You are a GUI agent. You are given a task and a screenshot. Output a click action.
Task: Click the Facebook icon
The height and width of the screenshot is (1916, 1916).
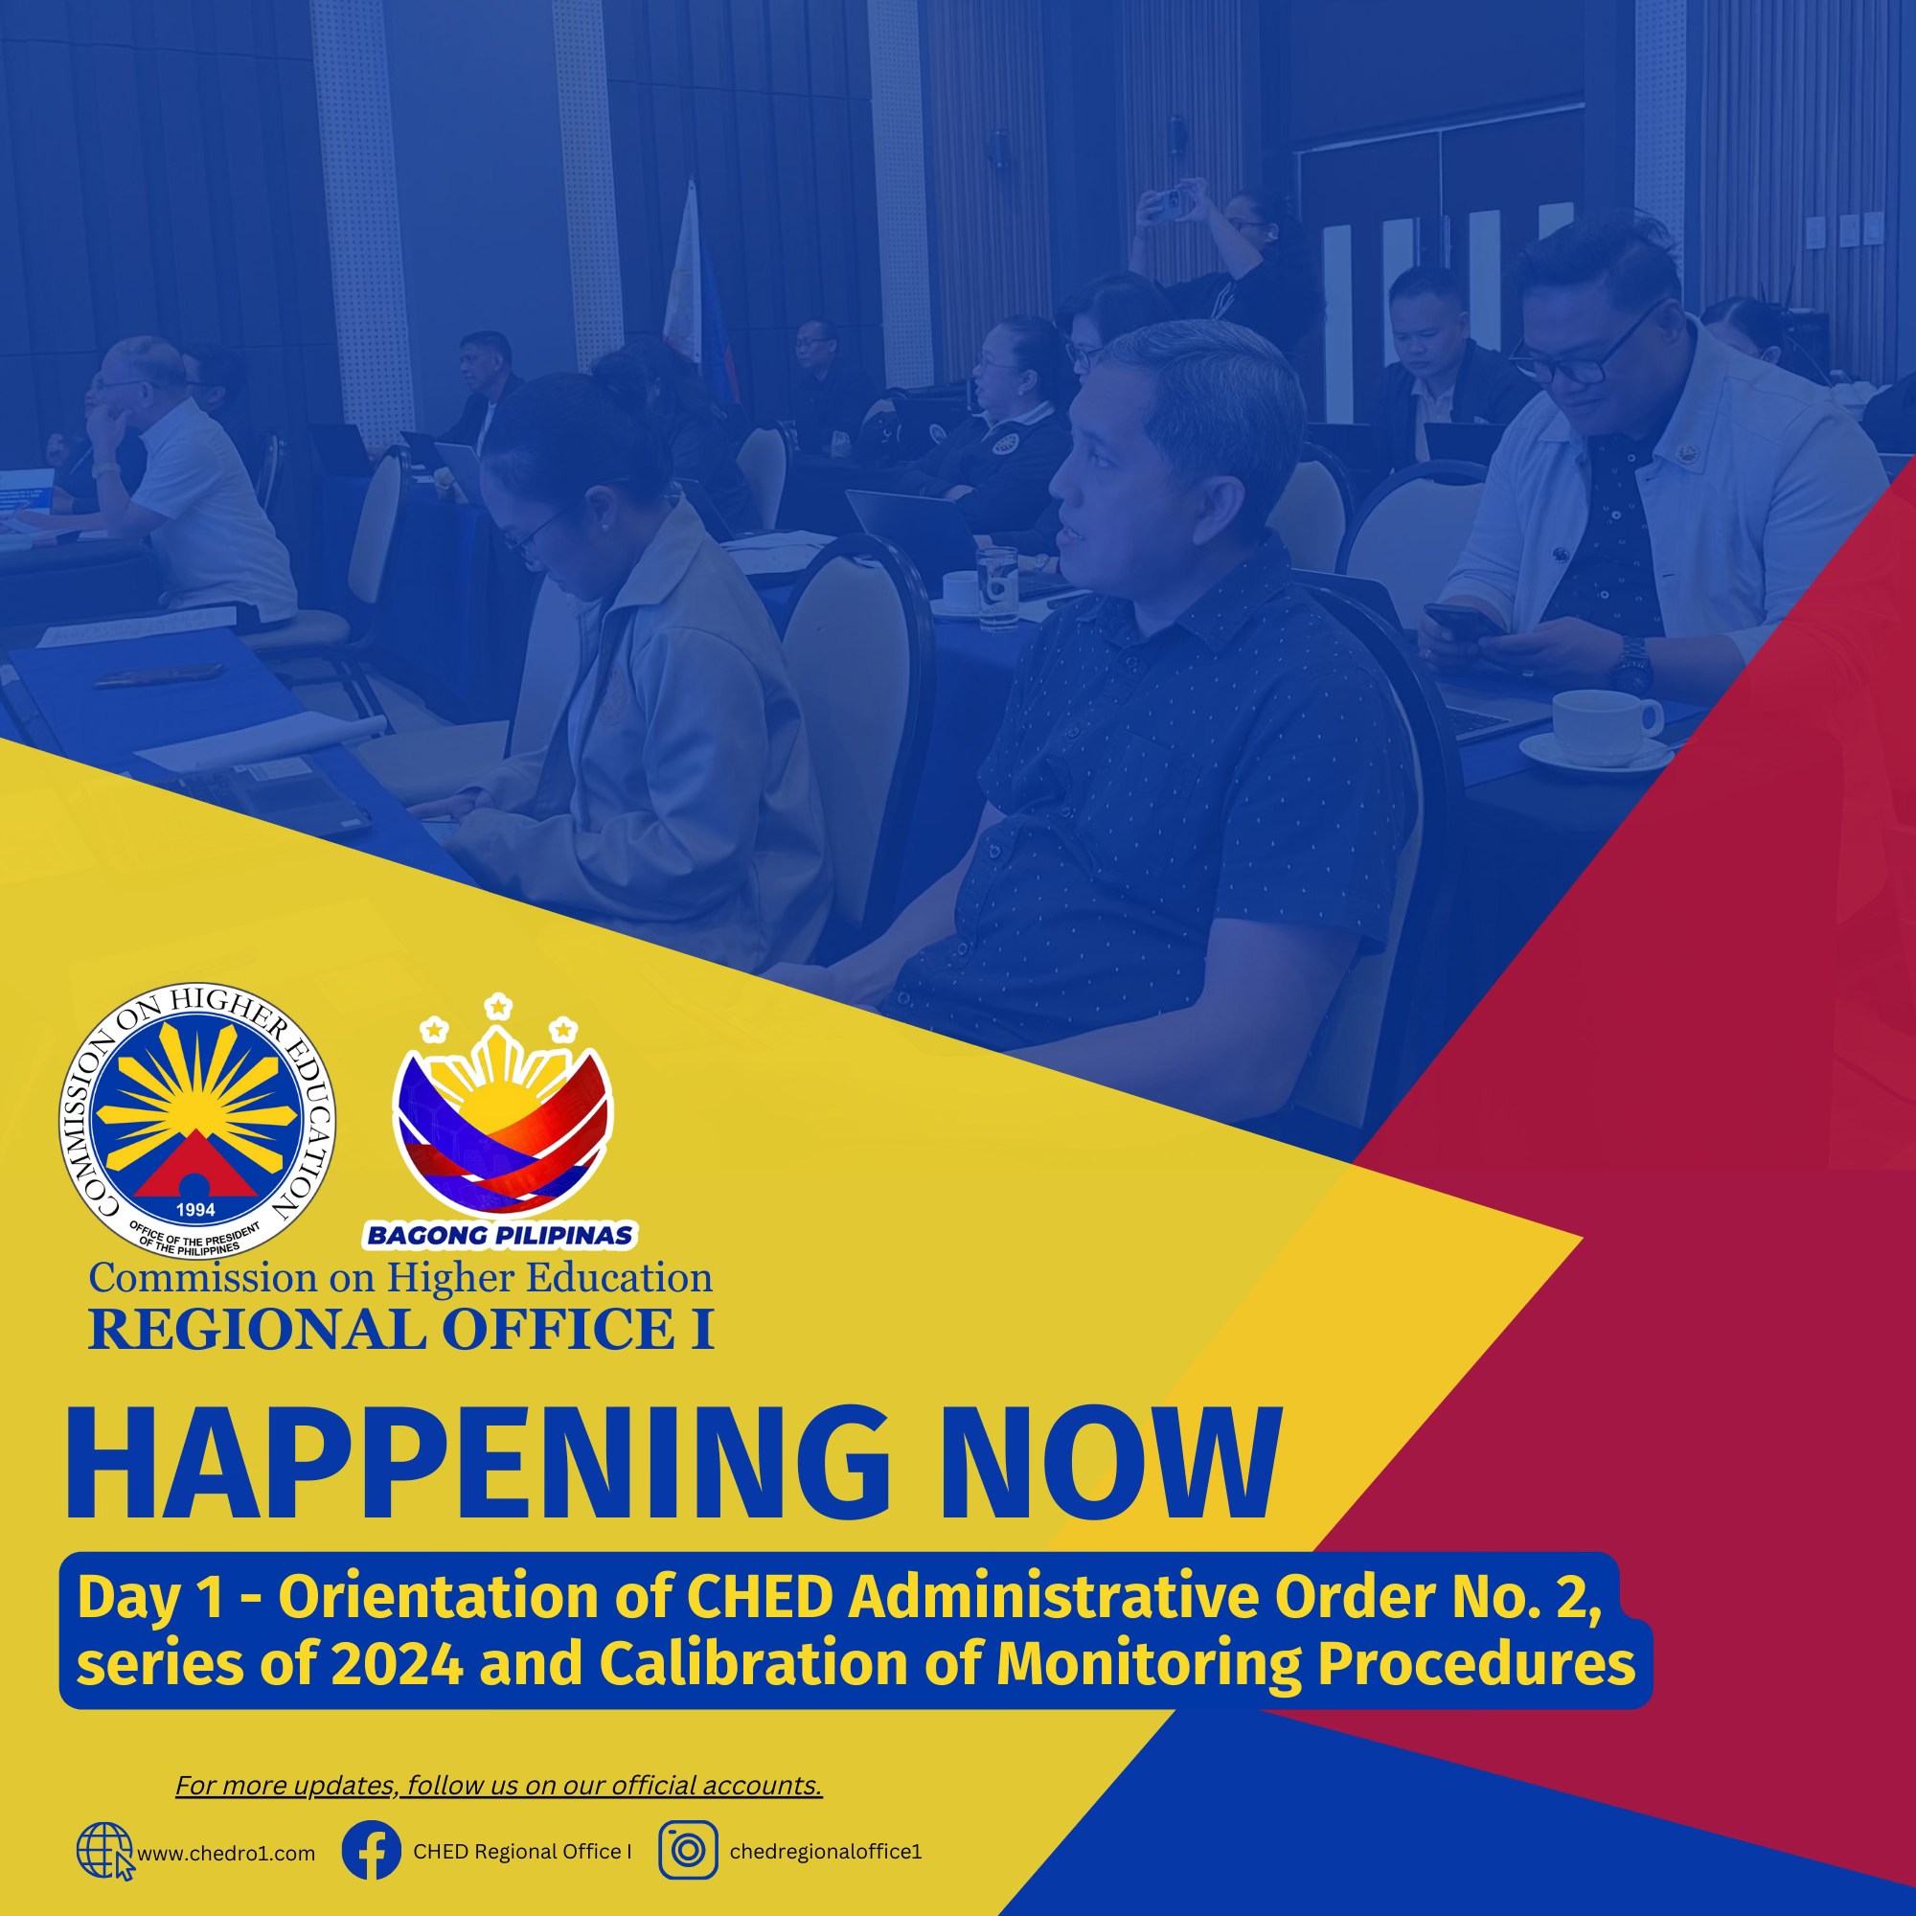[x=371, y=1851]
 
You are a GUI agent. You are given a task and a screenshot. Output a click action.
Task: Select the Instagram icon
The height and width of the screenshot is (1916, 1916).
[x=687, y=1851]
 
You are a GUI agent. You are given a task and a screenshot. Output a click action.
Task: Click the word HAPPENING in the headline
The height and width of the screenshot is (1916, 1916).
[x=476, y=1466]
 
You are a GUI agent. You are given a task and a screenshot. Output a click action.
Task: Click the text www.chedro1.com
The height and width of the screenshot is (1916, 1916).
[x=226, y=1854]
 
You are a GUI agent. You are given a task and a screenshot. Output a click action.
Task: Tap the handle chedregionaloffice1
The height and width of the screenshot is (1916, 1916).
[x=825, y=1852]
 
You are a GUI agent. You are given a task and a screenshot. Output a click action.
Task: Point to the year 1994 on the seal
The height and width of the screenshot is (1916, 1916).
[x=195, y=1210]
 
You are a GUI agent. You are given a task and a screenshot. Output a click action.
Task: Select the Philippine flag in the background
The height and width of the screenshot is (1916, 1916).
[x=699, y=298]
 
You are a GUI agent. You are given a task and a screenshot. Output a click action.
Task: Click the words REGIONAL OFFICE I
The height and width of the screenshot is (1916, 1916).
[x=400, y=1330]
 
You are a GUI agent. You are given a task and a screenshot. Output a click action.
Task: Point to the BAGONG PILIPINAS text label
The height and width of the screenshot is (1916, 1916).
[x=500, y=1236]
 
